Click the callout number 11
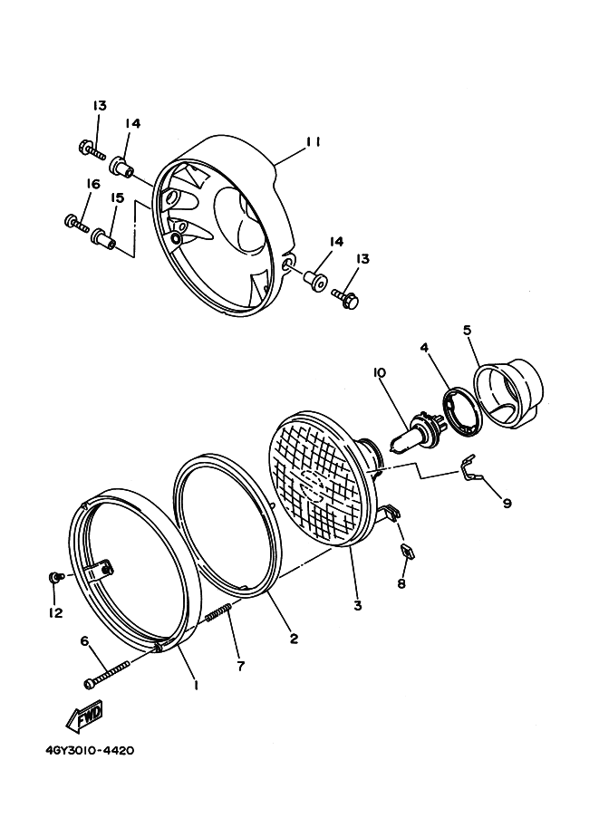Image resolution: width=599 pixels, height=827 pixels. (x=314, y=141)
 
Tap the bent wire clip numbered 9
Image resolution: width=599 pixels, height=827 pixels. (x=469, y=470)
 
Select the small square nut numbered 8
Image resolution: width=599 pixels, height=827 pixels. (x=405, y=550)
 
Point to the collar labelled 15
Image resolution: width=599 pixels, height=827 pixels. (x=102, y=239)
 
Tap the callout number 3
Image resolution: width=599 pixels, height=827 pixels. (x=358, y=605)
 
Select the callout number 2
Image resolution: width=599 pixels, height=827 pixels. (x=294, y=638)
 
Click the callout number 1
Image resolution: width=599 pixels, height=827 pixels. (x=197, y=686)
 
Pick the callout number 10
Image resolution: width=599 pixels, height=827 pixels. (x=379, y=372)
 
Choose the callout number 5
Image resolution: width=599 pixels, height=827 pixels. (x=468, y=331)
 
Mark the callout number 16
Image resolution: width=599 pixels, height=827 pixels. (x=92, y=184)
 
